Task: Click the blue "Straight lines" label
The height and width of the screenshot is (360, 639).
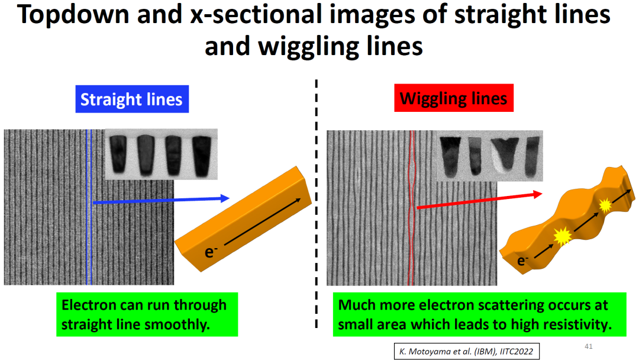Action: pyautogui.click(x=131, y=99)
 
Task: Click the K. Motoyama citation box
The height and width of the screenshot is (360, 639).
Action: pyautogui.click(x=466, y=351)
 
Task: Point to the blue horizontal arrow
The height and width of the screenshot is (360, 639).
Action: pyautogui.click(x=160, y=201)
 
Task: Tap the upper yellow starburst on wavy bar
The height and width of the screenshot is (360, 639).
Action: pyautogui.click(x=604, y=205)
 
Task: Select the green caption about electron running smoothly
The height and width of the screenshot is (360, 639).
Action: pyautogui.click(x=147, y=315)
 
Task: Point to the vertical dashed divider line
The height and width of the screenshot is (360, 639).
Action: pyautogui.click(x=317, y=207)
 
